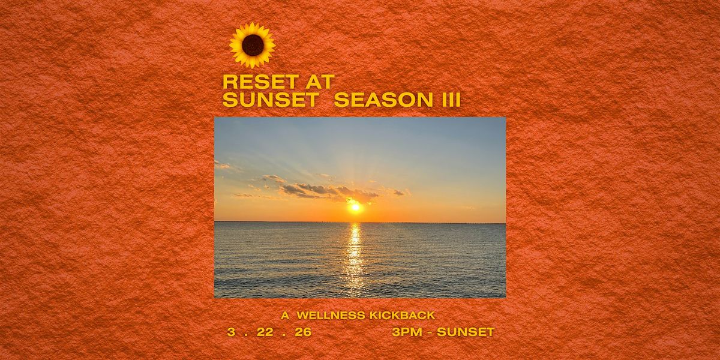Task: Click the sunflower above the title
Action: click(x=253, y=46)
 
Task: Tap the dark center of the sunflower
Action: click(x=253, y=46)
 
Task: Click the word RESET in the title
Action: click(x=258, y=82)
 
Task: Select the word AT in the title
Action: click(x=317, y=82)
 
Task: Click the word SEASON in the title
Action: click(x=383, y=101)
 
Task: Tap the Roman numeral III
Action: click(x=449, y=101)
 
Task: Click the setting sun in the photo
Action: click(x=355, y=208)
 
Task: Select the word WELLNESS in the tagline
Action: click(x=331, y=316)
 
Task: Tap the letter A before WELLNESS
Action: click(x=286, y=316)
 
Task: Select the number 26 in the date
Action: click(x=303, y=332)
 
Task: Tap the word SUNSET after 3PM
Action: click(x=466, y=332)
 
